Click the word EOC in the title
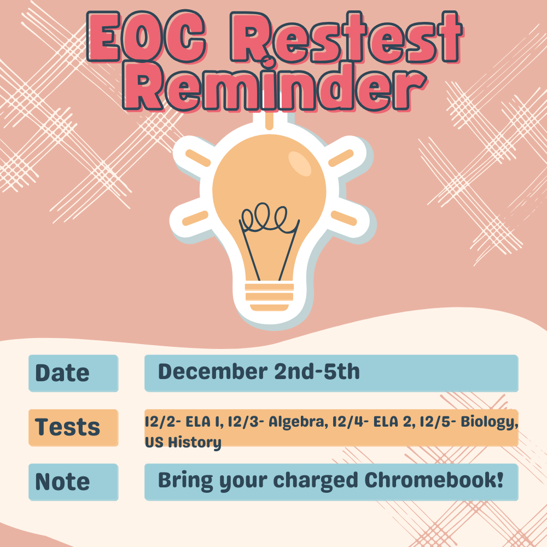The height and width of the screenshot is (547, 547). pos(147,37)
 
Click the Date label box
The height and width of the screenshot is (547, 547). pos(73,373)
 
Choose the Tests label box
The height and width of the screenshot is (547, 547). pos(73,428)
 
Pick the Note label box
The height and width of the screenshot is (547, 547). pos(73,482)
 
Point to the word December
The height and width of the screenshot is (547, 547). pos(213,371)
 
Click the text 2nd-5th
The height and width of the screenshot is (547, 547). pos(317,371)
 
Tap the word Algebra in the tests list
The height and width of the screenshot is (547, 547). pos(298,422)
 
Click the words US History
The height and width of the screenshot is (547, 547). pos(183,443)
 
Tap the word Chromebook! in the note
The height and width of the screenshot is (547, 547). pos(434,480)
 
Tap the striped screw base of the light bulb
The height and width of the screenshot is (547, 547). pos(269,297)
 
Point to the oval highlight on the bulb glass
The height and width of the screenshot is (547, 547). pos(300,164)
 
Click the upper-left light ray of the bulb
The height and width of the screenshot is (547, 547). pos(198,158)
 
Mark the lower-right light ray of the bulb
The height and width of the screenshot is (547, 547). pos(344,218)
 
